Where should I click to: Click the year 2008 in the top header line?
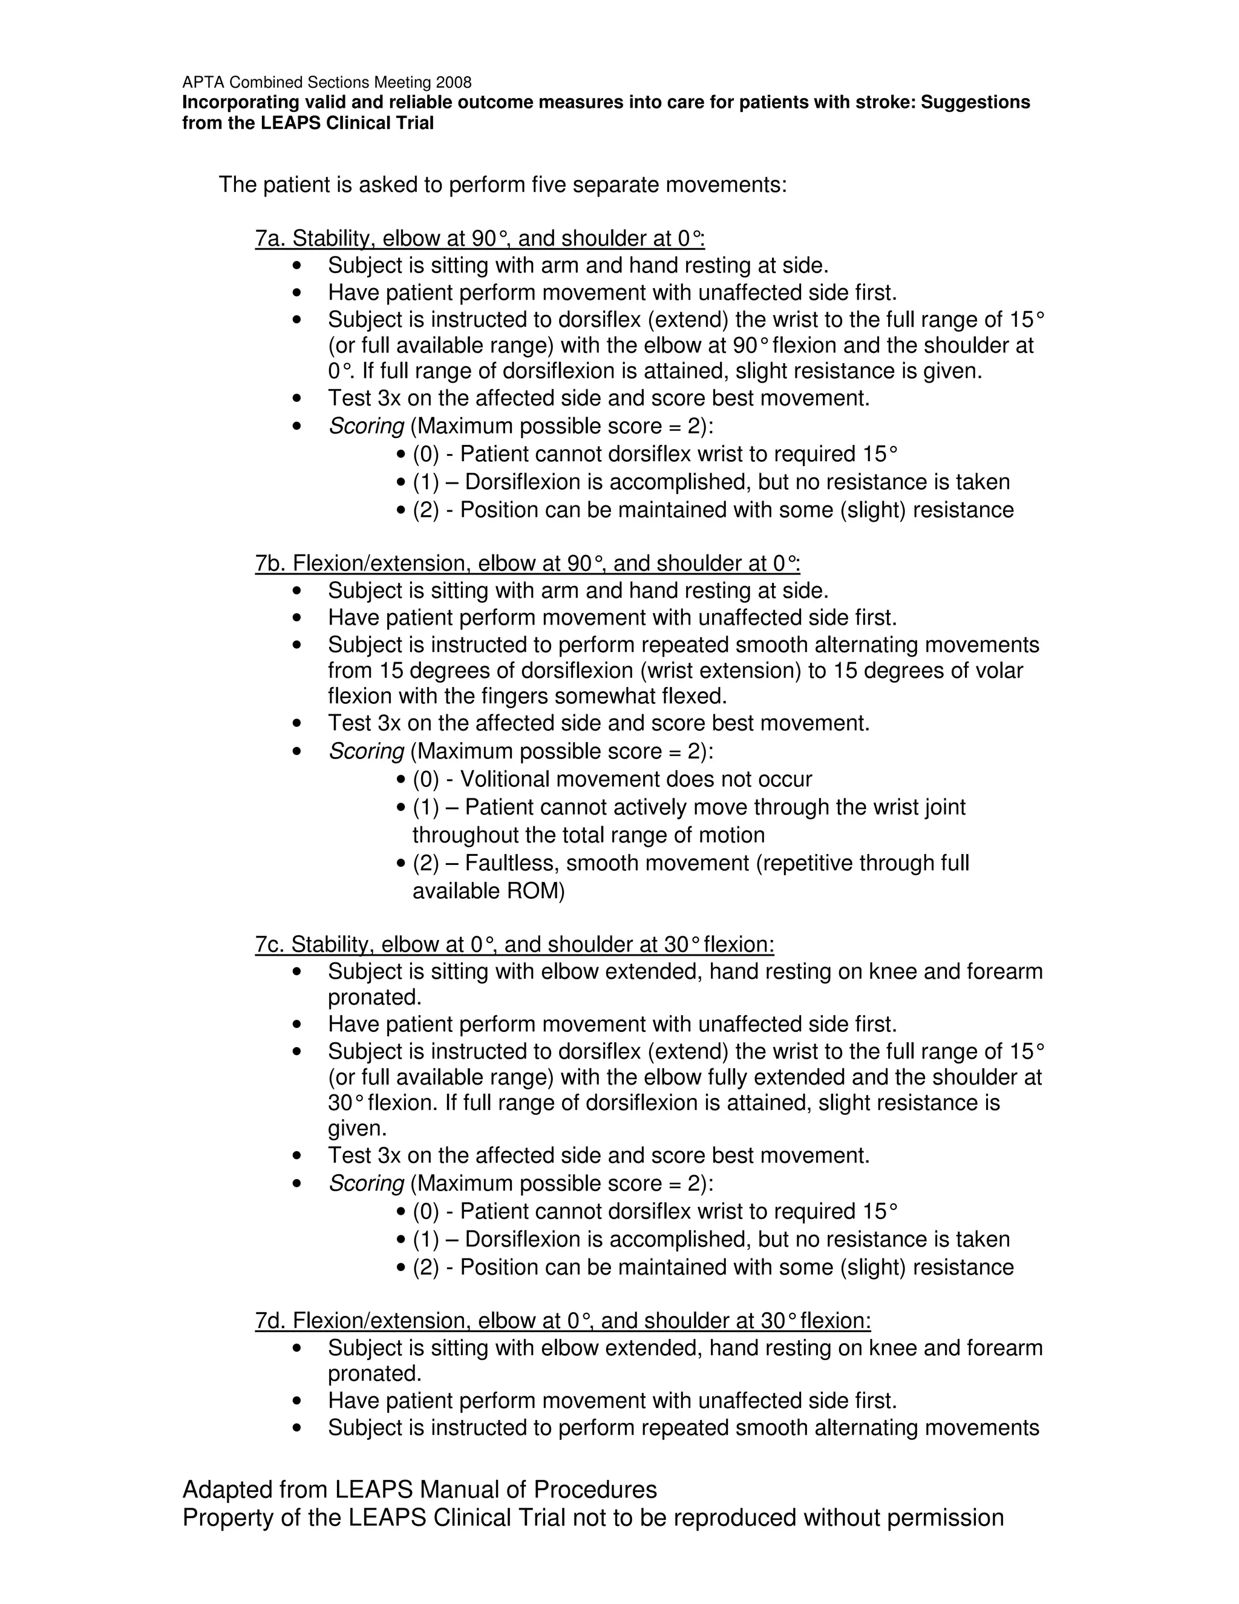pos(454,82)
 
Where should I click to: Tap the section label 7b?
pos(271,564)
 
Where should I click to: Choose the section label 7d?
pos(271,1321)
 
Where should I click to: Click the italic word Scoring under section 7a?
pos(365,426)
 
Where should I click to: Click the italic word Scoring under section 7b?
pos(365,751)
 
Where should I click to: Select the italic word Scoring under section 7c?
pos(365,1183)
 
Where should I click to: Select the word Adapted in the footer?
pos(227,1490)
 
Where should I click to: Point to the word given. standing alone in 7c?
pos(357,1128)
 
